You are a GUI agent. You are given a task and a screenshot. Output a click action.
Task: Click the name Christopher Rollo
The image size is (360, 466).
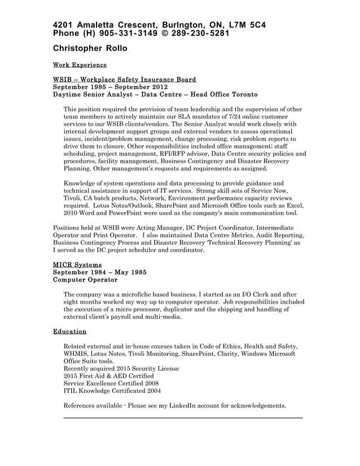click(90, 49)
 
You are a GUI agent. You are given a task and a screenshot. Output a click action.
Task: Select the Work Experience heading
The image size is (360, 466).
click(79, 65)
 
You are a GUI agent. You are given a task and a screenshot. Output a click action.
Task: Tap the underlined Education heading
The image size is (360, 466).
click(69, 331)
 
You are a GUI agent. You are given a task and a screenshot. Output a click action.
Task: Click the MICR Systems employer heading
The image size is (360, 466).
click(77, 264)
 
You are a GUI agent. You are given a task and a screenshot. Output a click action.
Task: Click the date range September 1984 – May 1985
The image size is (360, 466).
click(99, 271)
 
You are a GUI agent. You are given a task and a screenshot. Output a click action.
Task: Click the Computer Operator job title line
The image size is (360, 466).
click(85, 279)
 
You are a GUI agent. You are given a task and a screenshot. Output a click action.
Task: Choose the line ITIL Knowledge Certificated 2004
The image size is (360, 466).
click(112, 390)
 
